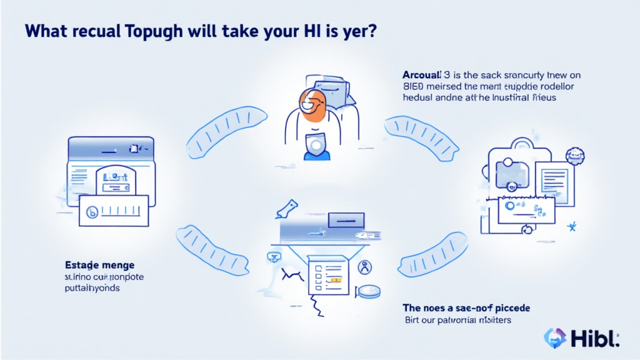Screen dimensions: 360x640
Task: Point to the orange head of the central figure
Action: pos(312,102)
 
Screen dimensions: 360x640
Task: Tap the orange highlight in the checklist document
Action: pos(336,281)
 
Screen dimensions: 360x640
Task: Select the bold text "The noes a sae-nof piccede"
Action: pos(466,308)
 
